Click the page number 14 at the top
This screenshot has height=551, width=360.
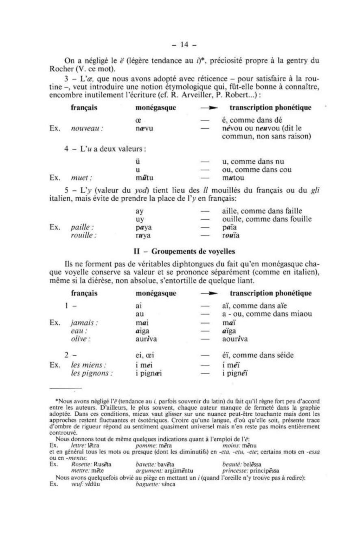coord(184,45)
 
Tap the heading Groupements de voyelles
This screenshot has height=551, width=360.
coord(193,252)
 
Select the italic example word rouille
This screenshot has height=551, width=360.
coord(83,235)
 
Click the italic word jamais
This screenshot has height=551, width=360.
coord(84,323)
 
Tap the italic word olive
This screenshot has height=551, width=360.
coord(81,339)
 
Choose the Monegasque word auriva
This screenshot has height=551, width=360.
coord(146,339)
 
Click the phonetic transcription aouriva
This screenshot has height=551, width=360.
coord(235,339)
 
